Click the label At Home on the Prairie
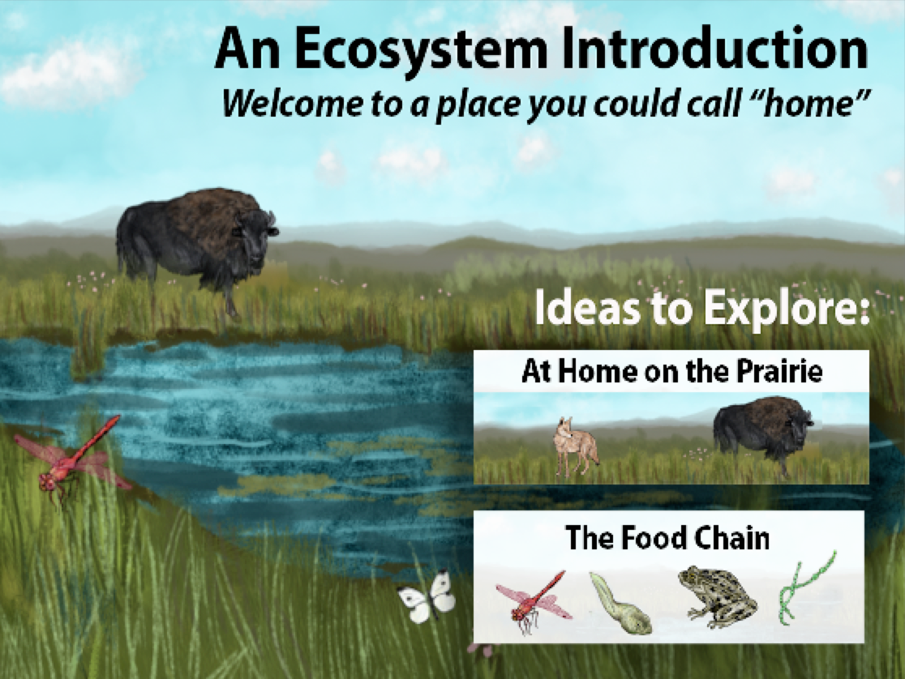coord(671,370)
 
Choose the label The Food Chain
coord(667,537)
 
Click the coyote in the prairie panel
coord(574,447)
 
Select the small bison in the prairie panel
coord(763,433)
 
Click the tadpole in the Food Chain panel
coord(620,602)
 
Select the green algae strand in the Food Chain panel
coord(806,588)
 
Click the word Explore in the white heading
coord(786,308)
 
